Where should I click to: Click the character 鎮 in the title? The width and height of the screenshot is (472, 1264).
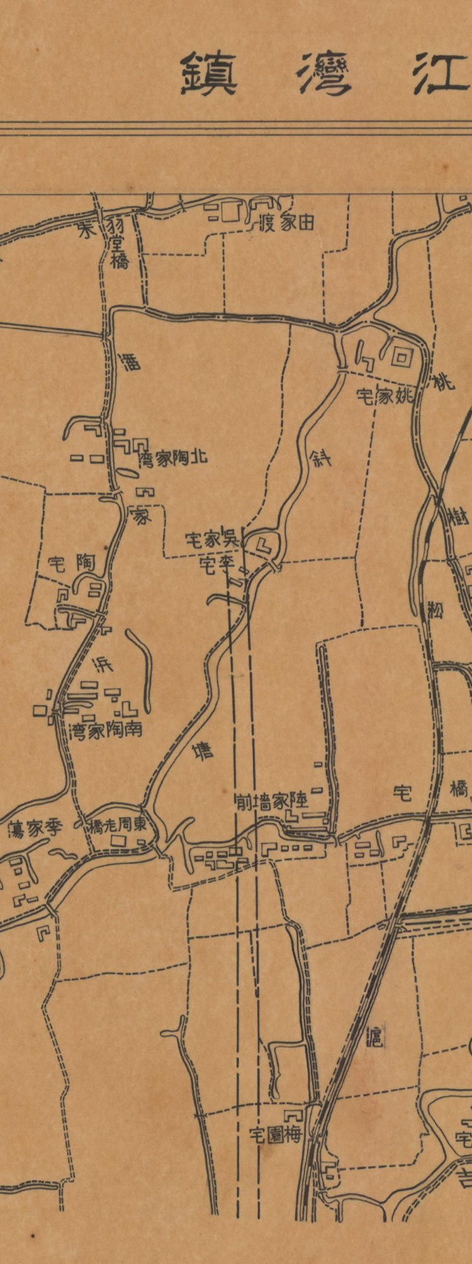click(209, 74)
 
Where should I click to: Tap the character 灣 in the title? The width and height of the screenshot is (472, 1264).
click(324, 74)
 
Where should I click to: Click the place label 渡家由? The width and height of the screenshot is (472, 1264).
click(286, 223)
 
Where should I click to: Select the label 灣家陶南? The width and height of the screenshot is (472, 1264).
click(106, 729)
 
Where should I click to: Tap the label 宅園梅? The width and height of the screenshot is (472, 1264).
click(275, 1136)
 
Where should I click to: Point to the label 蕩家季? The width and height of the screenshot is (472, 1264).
click(36, 829)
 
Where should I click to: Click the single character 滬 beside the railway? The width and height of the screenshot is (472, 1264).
click(374, 1035)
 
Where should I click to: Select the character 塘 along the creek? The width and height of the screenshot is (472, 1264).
click(203, 752)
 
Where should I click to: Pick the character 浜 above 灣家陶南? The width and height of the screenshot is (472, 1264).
click(101, 663)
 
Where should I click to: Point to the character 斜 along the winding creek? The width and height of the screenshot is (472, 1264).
click(320, 456)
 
